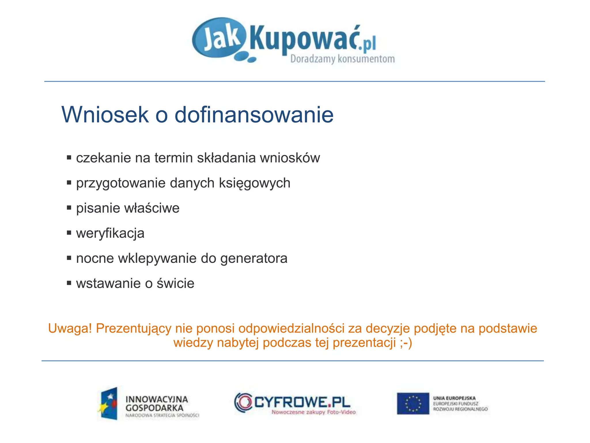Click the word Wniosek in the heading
coord(105,115)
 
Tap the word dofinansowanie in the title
coord(254,115)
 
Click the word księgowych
coord(254,183)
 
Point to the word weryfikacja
coord(110,233)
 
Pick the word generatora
coord(254,258)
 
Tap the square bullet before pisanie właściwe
coord(69,208)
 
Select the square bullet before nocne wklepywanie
coord(69,258)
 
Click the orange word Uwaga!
coord(70,329)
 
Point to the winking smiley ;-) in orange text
coord(406,343)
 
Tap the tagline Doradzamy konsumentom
coord(342,59)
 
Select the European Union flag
coord(413,403)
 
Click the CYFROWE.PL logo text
coord(302,402)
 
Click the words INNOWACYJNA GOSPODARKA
coord(156,403)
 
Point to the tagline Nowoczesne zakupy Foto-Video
coord(313,412)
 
